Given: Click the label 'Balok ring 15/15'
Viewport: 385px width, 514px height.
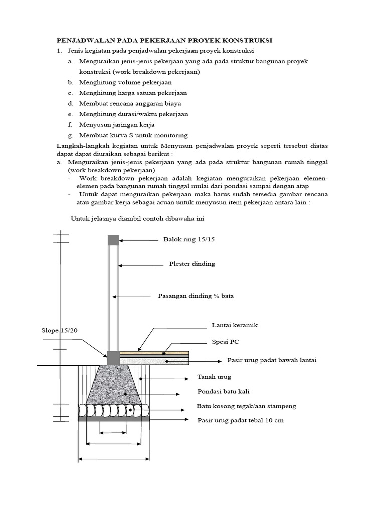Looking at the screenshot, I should [x=188, y=239].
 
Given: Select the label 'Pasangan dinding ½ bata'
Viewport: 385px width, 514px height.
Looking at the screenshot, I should [x=196, y=296].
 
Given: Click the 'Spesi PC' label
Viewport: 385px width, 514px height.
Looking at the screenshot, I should [x=225, y=342].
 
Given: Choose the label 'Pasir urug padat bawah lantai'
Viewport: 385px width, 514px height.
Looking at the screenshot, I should [x=272, y=360].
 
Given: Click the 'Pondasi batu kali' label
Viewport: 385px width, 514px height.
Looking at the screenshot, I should [x=224, y=391].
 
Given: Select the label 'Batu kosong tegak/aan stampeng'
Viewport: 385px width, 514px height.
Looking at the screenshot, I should [x=246, y=406].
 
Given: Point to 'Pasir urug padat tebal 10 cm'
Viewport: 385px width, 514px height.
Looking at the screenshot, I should [x=241, y=420].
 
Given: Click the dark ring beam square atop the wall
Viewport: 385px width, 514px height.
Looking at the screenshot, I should [x=114, y=240].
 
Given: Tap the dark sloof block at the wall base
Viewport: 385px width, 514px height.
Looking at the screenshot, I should [x=113, y=358].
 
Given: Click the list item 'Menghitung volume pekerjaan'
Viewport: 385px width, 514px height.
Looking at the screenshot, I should [x=125, y=82].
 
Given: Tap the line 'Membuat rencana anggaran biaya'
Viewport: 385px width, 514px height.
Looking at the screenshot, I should [x=130, y=103].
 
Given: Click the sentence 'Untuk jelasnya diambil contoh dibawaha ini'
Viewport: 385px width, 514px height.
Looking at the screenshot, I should [x=137, y=219].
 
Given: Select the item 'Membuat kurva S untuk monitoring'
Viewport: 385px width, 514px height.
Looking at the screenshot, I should [x=133, y=135].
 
